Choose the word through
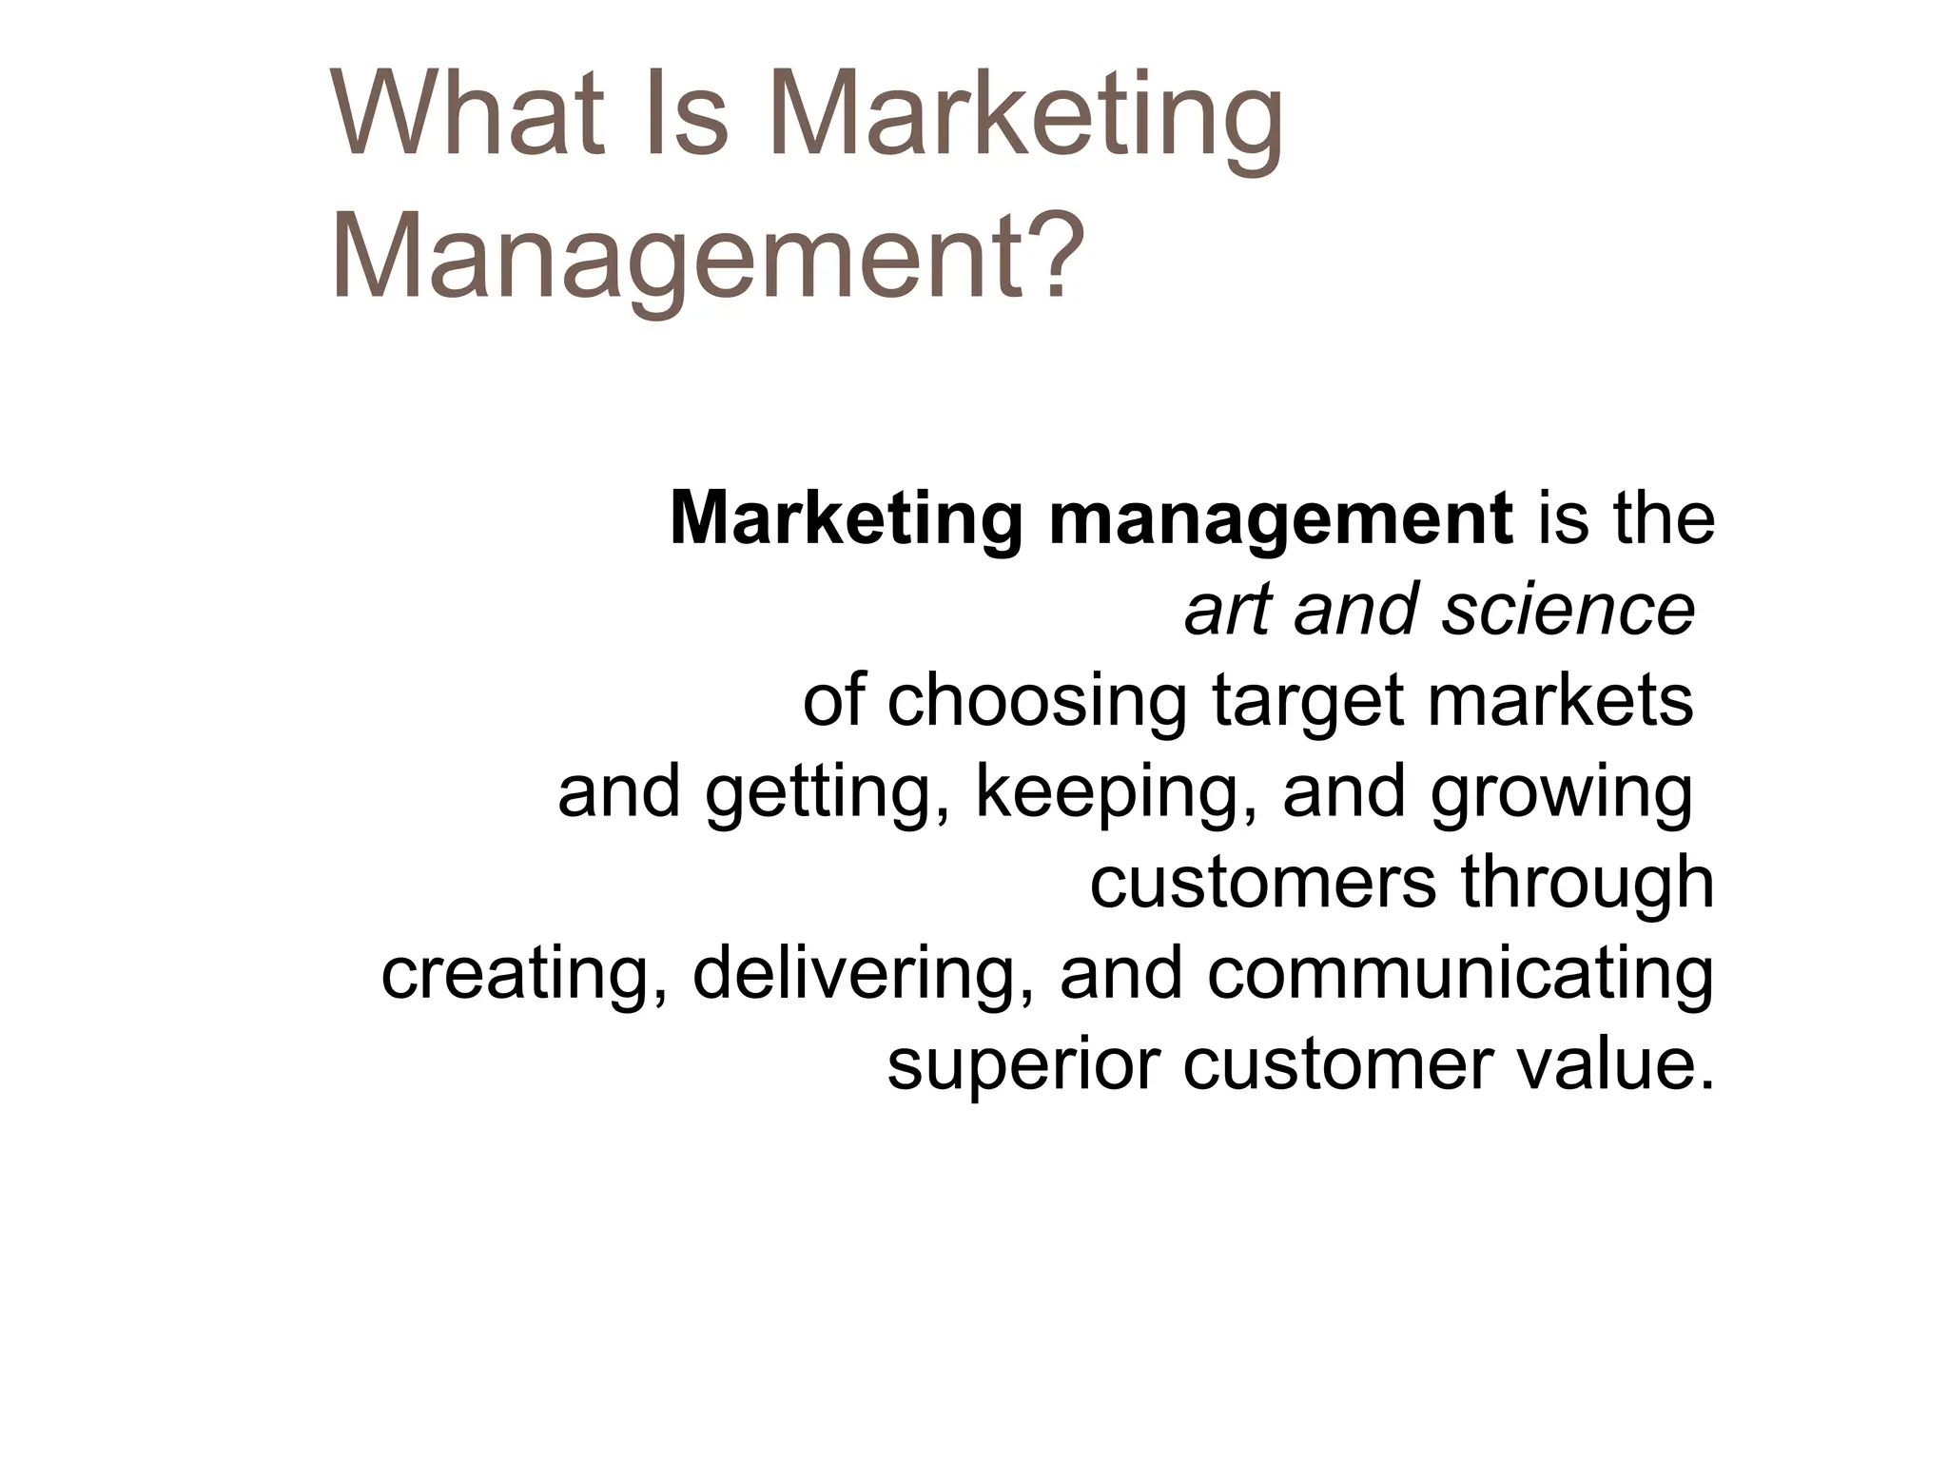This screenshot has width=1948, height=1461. [1588, 883]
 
